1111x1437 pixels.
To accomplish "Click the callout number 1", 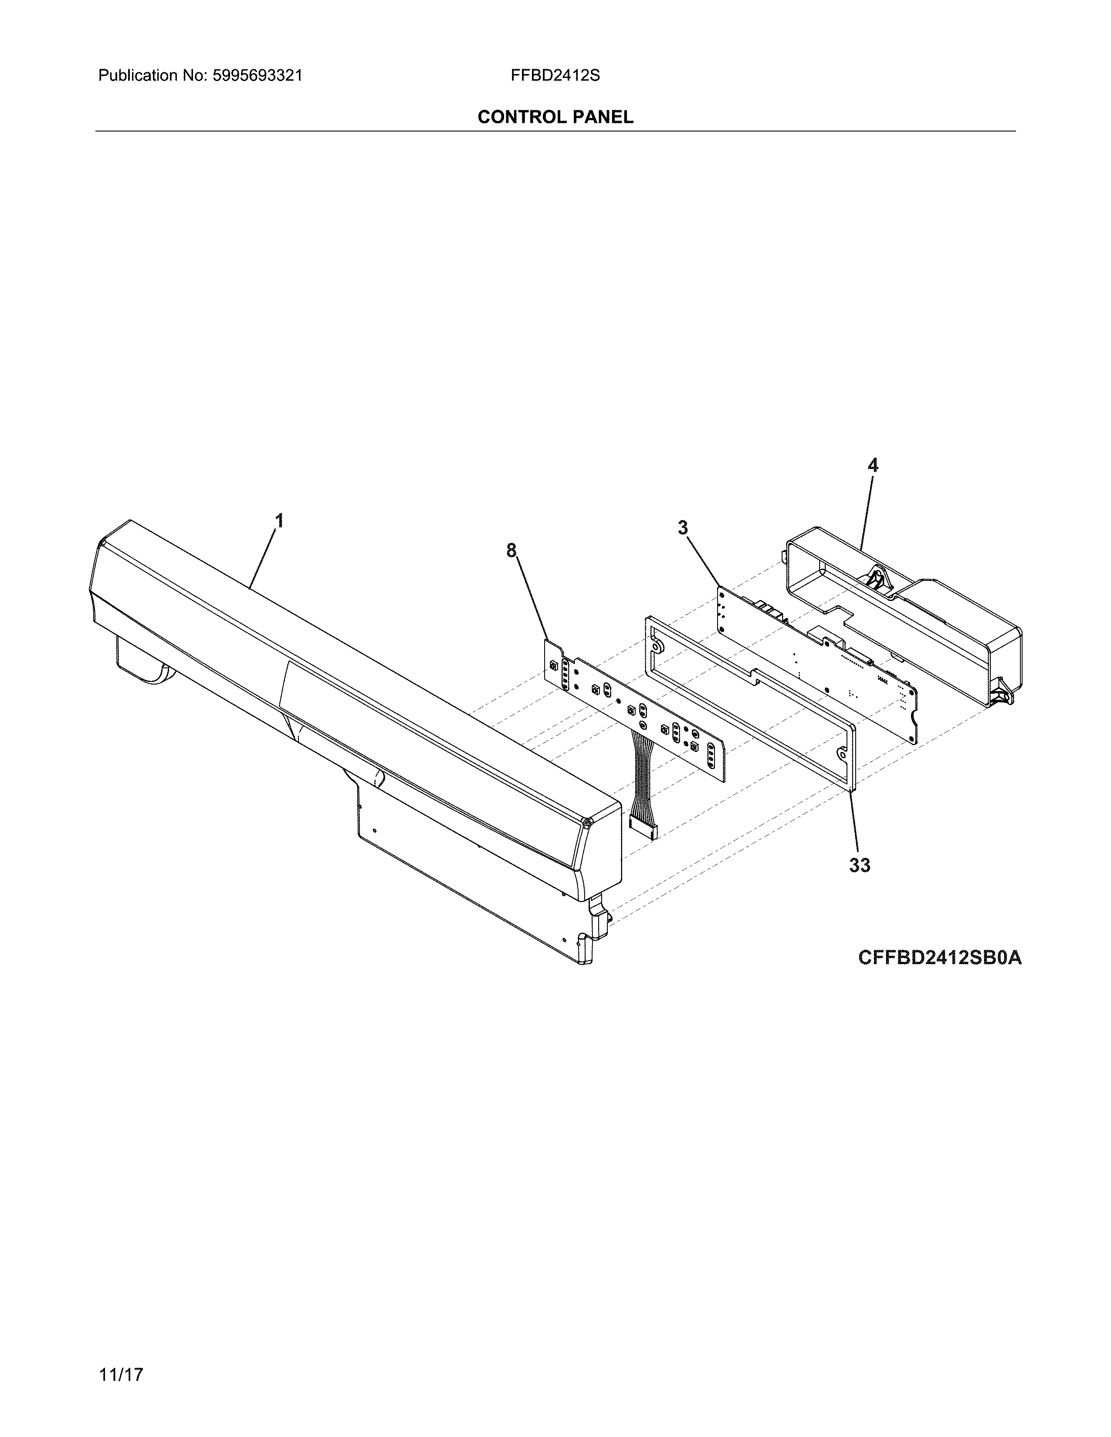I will (279, 521).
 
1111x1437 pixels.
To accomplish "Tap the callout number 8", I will (511, 550).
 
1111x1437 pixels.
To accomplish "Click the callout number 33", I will (860, 865).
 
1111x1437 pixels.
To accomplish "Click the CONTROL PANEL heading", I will (555, 117).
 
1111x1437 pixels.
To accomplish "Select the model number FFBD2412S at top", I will (555, 76).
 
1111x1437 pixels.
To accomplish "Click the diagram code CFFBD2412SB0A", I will (940, 957).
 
